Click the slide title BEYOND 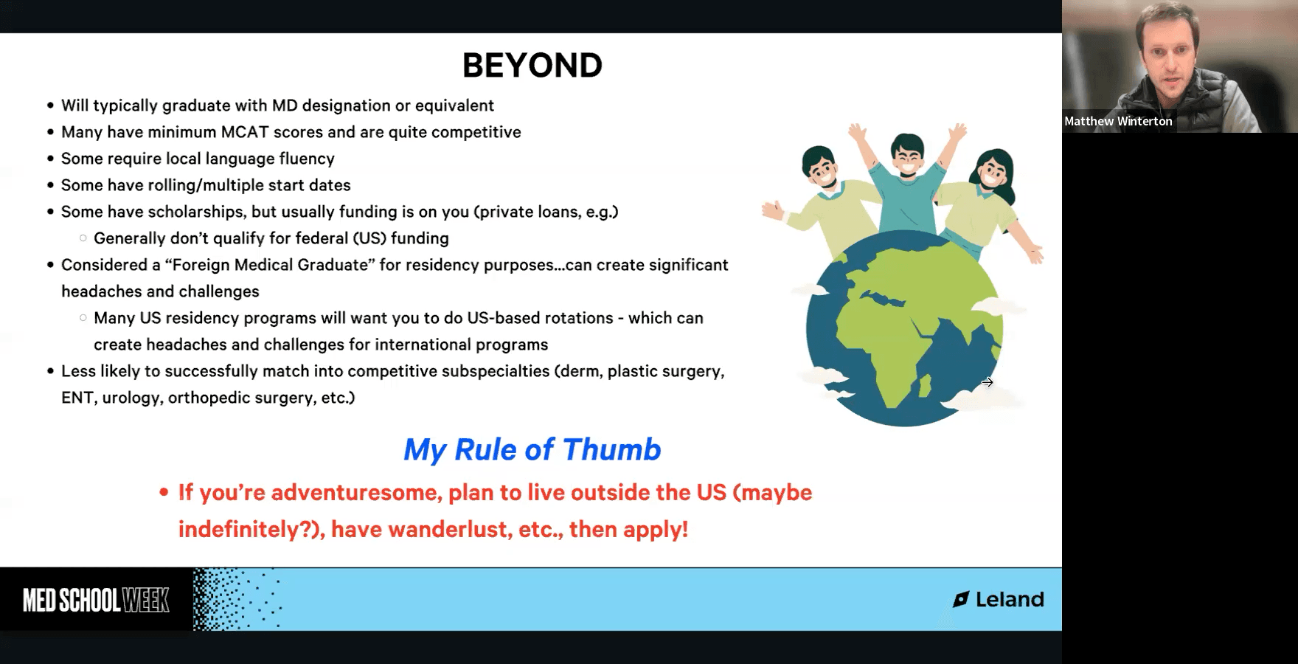pos(532,66)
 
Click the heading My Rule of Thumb pos(532,449)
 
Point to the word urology pos(131,398)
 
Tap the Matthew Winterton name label pos(1118,121)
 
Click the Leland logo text pos(1010,599)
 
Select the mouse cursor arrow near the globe pos(988,382)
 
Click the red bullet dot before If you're pos(164,493)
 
